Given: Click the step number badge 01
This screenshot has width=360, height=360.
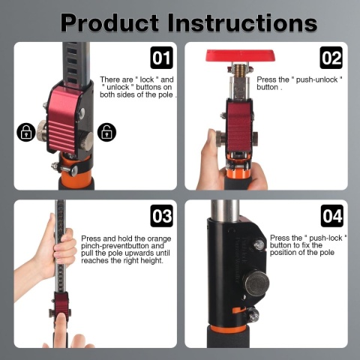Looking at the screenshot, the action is pos(161,58).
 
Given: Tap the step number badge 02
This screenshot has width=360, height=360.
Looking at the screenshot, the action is pos(331,58).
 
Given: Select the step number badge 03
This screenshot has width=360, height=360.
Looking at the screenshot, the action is pos(161,216).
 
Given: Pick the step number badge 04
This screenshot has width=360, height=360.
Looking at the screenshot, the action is pos(332,216).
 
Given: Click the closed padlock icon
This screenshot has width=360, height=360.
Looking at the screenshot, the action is pos(26,132).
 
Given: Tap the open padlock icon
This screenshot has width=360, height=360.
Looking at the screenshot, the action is pos(106,132).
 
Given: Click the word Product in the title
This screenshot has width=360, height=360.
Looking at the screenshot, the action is pos(109,22).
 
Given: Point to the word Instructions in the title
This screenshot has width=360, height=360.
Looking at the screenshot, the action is pos(242,22).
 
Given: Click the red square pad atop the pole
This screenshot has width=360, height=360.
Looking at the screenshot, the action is pos(241,55).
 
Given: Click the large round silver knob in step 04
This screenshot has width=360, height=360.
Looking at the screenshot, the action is pos(256,283).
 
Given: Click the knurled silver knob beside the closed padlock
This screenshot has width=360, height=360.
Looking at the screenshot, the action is pos(42,130).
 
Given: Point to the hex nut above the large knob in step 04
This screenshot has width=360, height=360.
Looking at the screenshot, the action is pos(259,244).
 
